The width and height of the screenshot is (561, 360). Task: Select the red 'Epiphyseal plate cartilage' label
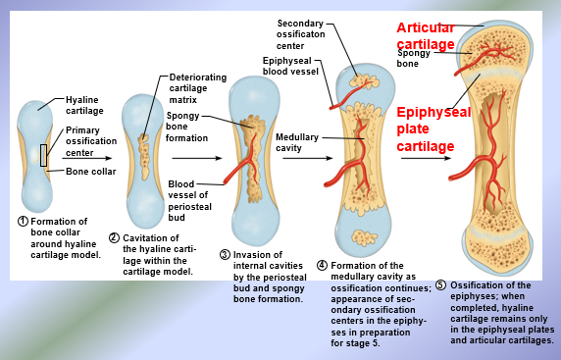click(433, 129)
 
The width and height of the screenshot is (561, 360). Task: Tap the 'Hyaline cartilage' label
click(84, 105)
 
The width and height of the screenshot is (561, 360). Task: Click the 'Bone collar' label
click(91, 172)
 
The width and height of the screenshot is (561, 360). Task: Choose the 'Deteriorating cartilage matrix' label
click(197, 87)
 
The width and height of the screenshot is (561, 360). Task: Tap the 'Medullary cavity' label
click(296, 142)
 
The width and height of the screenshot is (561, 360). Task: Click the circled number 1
click(23, 221)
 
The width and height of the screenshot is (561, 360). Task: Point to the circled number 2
click(114, 237)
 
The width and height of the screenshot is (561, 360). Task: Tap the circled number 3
click(225, 255)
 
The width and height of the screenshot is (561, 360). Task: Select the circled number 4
click(322, 266)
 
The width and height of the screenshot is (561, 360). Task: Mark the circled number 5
click(440, 285)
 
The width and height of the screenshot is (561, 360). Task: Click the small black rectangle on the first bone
click(43, 154)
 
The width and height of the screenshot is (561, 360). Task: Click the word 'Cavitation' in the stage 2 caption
click(146, 237)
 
